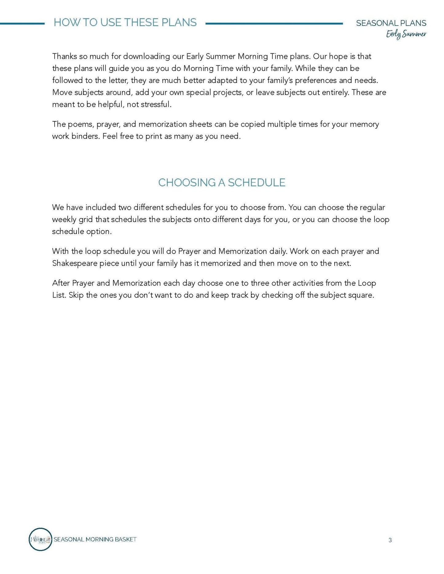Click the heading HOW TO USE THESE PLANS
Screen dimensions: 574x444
tap(125, 22)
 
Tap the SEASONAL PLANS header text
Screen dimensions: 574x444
tap(391, 23)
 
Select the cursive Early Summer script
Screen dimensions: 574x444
tap(406, 34)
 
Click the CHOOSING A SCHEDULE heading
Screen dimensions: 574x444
tap(222, 182)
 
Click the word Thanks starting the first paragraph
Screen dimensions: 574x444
tap(64, 56)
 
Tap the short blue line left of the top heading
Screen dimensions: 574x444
tap(22, 23)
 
